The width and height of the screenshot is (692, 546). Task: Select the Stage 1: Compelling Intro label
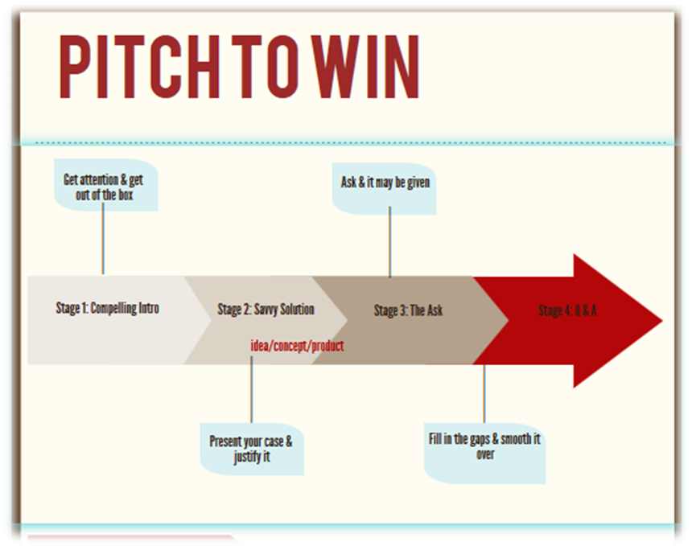(x=107, y=308)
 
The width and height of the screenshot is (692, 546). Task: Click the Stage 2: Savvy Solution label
(x=266, y=310)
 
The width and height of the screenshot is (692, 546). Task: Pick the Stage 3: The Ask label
(x=408, y=310)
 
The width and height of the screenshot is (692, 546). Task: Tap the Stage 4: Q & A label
(x=567, y=310)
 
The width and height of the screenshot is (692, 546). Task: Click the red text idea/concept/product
(x=297, y=347)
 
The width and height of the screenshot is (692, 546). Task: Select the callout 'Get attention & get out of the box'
(x=103, y=187)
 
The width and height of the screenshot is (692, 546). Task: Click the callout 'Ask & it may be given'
(x=385, y=183)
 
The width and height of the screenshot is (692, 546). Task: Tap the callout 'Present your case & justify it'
(x=251, y=450)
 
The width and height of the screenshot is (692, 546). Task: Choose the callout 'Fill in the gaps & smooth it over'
(x=484, y=447)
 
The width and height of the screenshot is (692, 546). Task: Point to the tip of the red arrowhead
(x=661, y=321)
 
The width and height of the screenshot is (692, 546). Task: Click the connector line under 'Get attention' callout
(x=103, y=241)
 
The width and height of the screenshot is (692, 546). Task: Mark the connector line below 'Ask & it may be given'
(x=390, y=241)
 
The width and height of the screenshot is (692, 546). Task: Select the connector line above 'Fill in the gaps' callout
(x=484, y=398)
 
